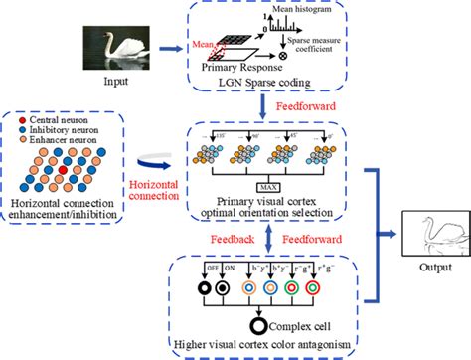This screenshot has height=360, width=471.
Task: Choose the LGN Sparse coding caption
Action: (x=264, y=82)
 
